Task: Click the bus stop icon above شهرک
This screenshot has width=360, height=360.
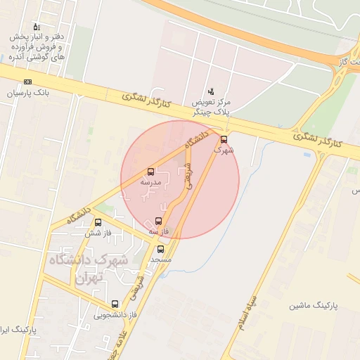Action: pos(224,139)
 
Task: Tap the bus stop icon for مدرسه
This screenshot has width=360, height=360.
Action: pos(151,172)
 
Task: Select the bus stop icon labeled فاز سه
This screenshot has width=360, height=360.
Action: pos(157,221)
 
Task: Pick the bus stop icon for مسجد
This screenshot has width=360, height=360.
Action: pos(160,249)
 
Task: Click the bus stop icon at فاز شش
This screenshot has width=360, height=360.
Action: pos(98,223)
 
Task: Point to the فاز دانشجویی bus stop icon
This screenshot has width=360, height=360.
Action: pos(115,304)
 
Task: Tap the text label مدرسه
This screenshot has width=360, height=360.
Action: pos(151,182)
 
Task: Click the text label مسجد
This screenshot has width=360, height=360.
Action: pos(160,259)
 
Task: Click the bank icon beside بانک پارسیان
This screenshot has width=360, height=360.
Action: pos(27,82)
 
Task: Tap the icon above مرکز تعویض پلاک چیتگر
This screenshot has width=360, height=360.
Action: pos(211,91)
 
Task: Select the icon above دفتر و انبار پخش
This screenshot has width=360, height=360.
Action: pos(37,27)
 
